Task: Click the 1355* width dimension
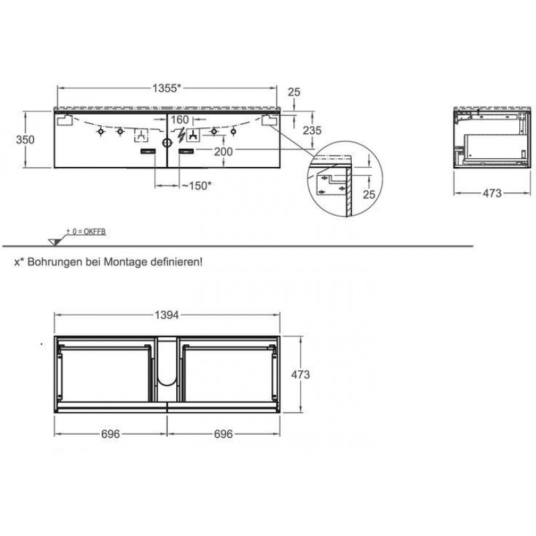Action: coord(166,88)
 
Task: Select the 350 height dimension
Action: coord(25,139)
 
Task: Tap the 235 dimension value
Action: coord(312,130)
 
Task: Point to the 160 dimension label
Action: coord(180,120)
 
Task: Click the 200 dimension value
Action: coord(223,151)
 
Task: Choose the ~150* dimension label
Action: coord(196,186)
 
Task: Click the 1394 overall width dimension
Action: coord(167,315)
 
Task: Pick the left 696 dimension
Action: coord(111,433)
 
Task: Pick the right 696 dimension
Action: coord(223,433)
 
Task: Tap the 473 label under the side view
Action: coord(492,193)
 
